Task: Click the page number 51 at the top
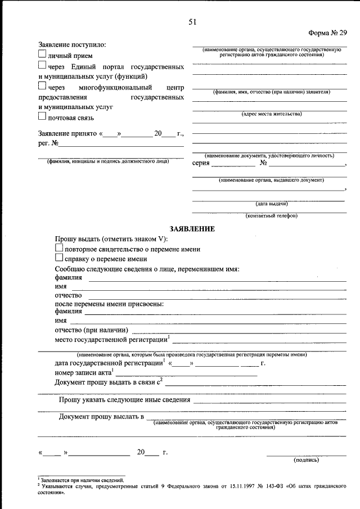(x=192, y=22)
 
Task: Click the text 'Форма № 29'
(x=328, y=33)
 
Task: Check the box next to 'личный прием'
(x=42, y=55)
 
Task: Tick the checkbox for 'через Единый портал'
(x=42, y=65)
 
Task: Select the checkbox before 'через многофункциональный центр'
(x=42, y=86)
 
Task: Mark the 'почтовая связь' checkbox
(x=42, y=116)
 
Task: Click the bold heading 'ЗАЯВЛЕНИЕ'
(x=192, y=229)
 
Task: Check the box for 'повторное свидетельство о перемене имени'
(x=59, y=248)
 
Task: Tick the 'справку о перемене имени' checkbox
(x=59, y=258)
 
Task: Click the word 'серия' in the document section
(x=200, y=164)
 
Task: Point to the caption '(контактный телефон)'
(x=271, y=216)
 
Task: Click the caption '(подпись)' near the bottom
(x=306, y=460)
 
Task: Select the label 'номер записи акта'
(x=83, y=372)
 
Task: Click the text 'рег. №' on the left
(x=48, y=143)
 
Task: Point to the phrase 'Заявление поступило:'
(x=72, y=44)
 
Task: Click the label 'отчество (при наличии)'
(x=91, y=330)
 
